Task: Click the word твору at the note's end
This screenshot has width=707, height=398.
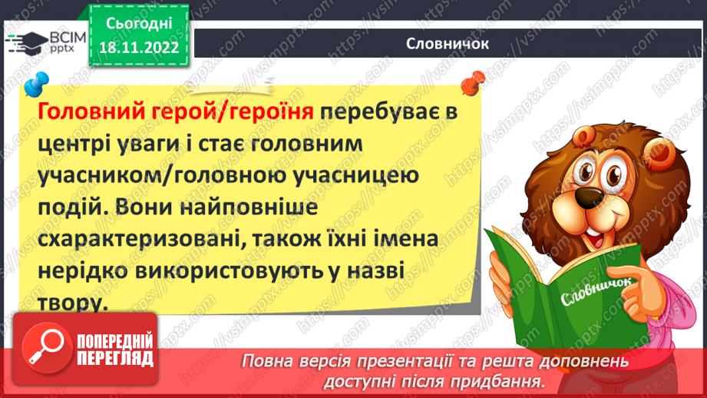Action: (69, 302)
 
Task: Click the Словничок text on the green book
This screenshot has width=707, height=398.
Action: (594, 290)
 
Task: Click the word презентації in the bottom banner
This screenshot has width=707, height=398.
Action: (398, 360)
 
